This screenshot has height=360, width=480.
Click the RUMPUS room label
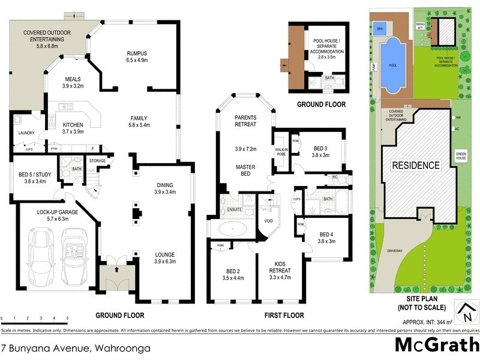pyautogui.click(x=136, y=53)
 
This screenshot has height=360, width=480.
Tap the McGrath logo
pyautogui.click(x=436, y=344)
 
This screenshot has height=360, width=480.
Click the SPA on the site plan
pyautogui.click(x=379, y=28)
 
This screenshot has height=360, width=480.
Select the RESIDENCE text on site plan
pyautogui.click(x=416, y=165)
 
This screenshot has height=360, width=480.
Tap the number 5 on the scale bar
pyautogui.click(x=67, y=317)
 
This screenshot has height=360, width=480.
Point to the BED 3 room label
pyautogui.click(x=322, y=148)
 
